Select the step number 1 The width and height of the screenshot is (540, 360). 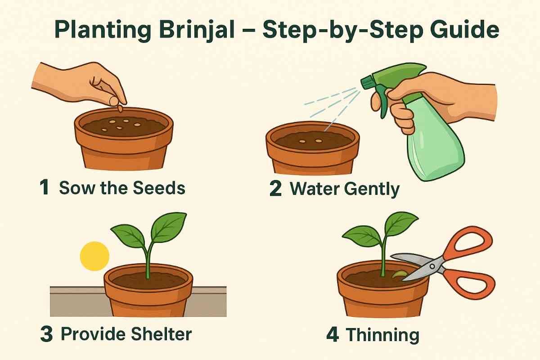click(45, 188)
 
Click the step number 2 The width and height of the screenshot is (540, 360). click(275, 189)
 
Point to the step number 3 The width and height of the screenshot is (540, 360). click(46, 334)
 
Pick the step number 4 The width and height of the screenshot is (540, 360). click(333, 335)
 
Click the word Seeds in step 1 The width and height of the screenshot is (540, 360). click(159, 188)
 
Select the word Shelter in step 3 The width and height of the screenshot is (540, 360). click(161, 334)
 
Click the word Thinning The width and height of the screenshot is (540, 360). click(383, 336)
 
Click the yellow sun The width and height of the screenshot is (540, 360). click(94, 256)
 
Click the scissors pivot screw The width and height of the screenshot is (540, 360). click(432, 266)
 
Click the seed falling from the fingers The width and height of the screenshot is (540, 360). click(120, 108)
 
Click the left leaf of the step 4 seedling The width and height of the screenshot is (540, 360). click(362, 236)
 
